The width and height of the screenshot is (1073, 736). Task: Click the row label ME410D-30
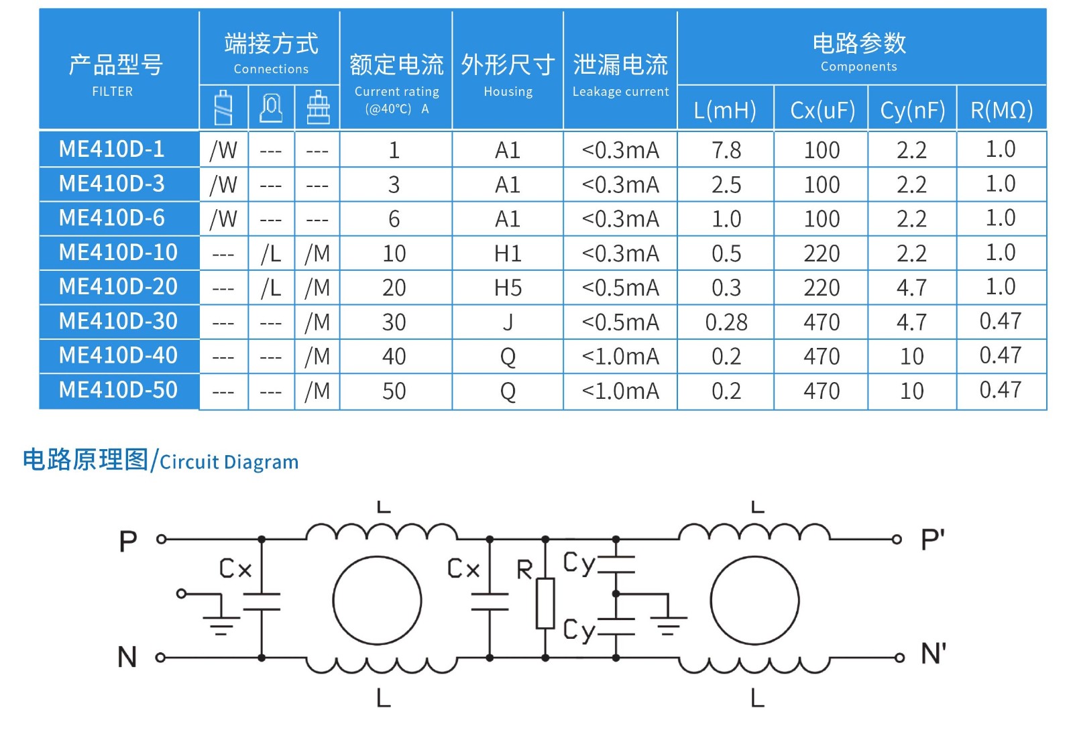coord(118,322)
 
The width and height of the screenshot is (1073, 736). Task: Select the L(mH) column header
coord(725,109)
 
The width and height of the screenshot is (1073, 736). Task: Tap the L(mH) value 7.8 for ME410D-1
coord(726,150)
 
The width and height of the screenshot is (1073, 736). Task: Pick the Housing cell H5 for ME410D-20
coord(508,288)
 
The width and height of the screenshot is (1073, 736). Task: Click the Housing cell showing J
coord(508,322)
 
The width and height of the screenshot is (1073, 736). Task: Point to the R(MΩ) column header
coord(1001,109)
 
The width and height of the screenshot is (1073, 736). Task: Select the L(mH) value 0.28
coord(726,322)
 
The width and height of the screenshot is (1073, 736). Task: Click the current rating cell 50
coord(394,391)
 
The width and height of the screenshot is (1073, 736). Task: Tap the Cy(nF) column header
coord(912,109)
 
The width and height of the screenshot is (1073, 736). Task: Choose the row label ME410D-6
coord(112,219)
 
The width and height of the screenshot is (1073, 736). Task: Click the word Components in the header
coord(858,66)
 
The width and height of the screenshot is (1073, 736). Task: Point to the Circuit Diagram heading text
coord(229,462)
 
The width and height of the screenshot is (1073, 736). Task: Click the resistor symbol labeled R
coord(545,603)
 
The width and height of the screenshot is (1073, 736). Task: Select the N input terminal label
coord(127,657)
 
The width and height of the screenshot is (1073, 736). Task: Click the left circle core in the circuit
coord(377,601)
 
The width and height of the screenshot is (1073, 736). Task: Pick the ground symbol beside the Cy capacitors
coord(667,623)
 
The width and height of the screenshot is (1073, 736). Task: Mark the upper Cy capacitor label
coord(578,563)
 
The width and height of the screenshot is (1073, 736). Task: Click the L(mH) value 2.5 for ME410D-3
coord(726,185)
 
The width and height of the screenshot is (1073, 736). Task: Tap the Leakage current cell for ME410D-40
coord(620,357)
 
